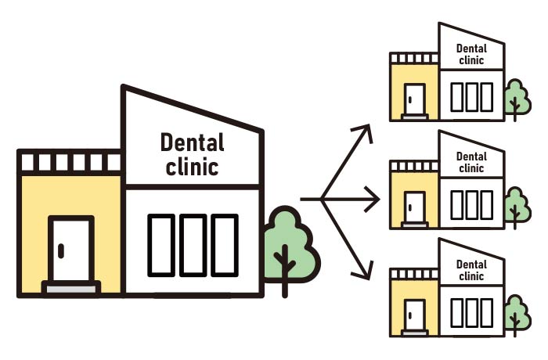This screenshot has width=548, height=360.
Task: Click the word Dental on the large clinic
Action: (192, 142)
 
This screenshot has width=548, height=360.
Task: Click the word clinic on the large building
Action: (192, 167)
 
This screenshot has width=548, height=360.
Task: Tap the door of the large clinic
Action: (71, 250)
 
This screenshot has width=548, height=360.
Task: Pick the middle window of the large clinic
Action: (193, 244)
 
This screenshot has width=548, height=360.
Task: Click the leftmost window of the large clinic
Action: (161, 244)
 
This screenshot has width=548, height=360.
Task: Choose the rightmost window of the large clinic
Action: (224, 244)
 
